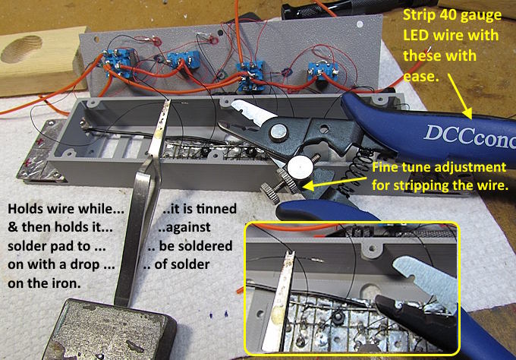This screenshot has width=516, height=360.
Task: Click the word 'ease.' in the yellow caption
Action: coord(421,77)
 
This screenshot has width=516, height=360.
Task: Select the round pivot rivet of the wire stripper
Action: coord(279,132)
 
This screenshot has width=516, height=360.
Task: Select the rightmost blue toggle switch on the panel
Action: coord(322,72)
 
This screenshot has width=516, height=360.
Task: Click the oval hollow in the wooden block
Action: coord(22,49)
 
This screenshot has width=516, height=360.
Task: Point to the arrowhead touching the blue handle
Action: coord(467,114)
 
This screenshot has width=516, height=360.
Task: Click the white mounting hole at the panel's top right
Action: coord(360,24)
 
